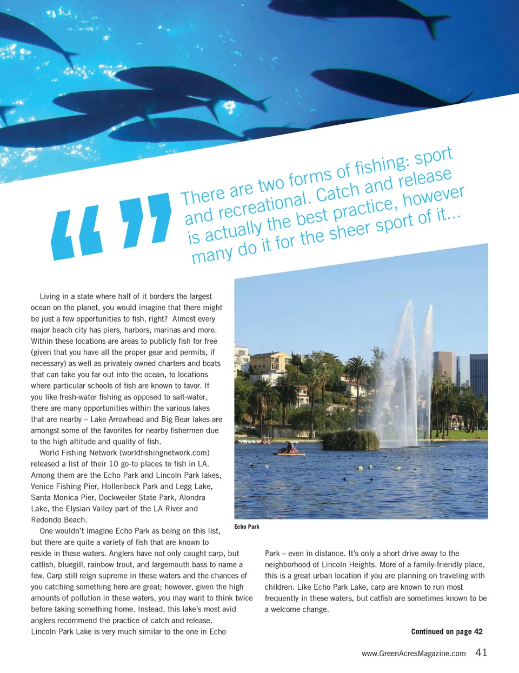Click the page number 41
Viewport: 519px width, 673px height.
coord(481,652)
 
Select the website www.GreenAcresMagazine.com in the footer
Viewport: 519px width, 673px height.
coord(414,654)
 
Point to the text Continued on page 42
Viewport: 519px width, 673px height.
coord(447,631)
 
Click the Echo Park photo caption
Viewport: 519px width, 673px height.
coord(247,527)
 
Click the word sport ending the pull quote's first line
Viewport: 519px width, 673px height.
coord(433,156)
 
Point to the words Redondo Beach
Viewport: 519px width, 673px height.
coord(58,520)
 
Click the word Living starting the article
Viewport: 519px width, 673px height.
coord(50,296)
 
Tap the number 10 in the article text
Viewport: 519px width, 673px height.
coord(114,464)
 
